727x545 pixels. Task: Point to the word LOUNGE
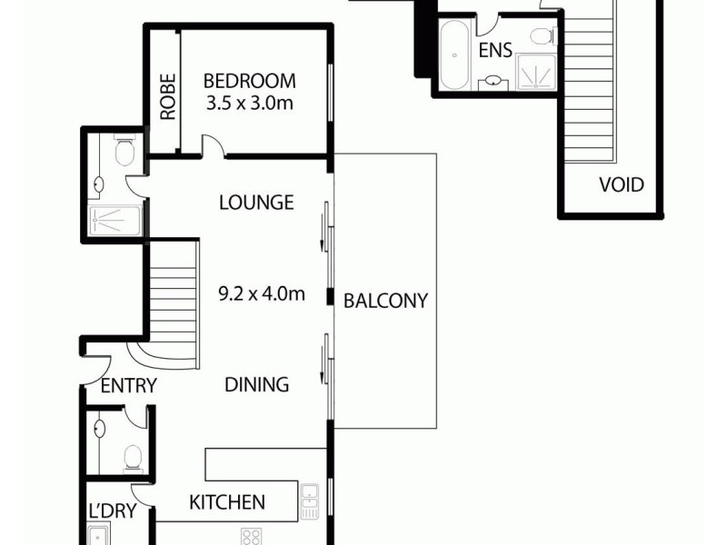(x=256, y=202)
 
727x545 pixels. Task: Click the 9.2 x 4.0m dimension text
(x=262, y=293)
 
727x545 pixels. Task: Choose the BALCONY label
(x=385, y=302)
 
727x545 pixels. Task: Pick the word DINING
(x=257, y=385)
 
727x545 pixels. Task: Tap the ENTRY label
(x=128, y=386)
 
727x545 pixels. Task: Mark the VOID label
(x=622, y=185)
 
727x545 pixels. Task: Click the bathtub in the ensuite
(x=454, y=56)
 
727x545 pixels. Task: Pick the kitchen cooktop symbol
(x=251, y=536)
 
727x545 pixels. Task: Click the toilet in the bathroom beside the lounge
(x=125, y=151)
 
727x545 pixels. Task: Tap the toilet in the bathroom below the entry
(x=133, y=456)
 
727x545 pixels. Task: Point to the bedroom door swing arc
(x=211, y=146)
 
